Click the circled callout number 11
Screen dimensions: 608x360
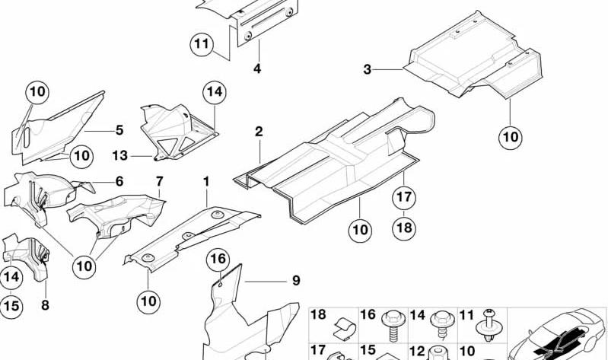tap(202, 44)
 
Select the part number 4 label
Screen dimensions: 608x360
tap(257, 68)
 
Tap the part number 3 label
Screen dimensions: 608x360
tap(368, 69)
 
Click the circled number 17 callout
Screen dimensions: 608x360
tap(403, 197)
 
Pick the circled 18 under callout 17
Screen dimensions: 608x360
tap(403, 227)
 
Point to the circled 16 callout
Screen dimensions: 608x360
tap(218, 259)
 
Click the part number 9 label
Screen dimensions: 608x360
tap(296, 280)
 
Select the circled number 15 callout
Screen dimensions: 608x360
tap(11, 306)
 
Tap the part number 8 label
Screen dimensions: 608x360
tap(46, 305)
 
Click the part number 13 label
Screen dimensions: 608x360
tap(119, 155)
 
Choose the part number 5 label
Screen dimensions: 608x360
tap(119, 130)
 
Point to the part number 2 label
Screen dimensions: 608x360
tap(259, 132)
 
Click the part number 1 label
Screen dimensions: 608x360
tap(206, 181)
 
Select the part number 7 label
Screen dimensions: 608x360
tap(159, 181)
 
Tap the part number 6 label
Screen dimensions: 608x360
tap(119, 181)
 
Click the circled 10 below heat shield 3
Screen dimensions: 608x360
tap(511, 137)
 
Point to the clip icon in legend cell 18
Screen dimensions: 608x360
tap(343, 327)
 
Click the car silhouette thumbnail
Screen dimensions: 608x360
tap(559, 334)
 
